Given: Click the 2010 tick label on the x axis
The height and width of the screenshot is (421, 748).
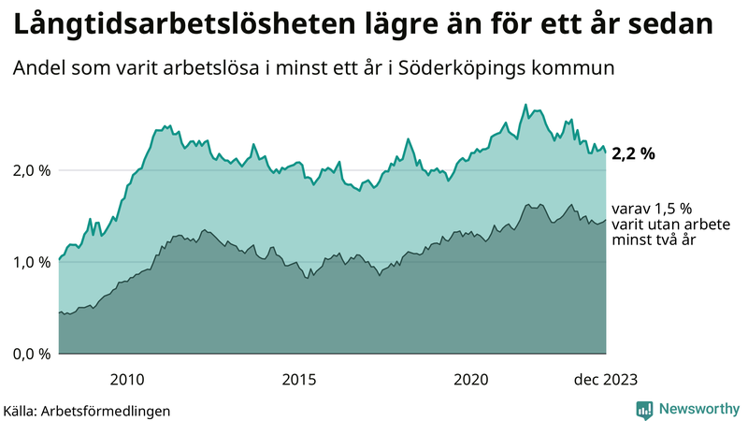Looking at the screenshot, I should (x=126, y=379).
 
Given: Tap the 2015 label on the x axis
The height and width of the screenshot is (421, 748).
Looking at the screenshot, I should (x=299, y=379).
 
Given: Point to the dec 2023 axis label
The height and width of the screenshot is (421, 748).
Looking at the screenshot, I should (x=605, y=379).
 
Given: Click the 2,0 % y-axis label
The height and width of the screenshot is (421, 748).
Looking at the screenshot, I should (x=31, y=170).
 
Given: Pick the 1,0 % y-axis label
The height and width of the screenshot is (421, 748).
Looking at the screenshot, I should (x=31, y=262).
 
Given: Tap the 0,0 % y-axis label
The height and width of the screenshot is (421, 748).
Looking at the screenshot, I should (x=31, y=354).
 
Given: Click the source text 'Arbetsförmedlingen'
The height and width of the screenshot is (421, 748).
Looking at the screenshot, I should (x=111, y=410).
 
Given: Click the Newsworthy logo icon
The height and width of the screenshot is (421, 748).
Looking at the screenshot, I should (x=644, y=409).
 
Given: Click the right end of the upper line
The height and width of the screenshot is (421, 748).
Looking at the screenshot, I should (x=605, y=152).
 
